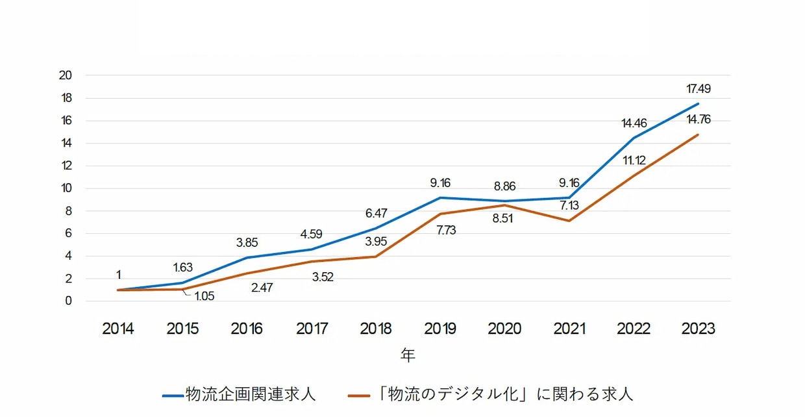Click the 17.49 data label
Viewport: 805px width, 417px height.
pyautogui.click(x=698, y=88)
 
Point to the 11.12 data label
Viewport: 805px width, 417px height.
pyautogui.click(x=634, y=160)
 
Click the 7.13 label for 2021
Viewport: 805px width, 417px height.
pyautogui.click(x=569, y=205)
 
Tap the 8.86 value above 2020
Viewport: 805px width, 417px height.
pyautogui.click(x=504, y=186)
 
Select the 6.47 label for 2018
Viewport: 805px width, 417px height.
pyautogui.click(x=376, y=212)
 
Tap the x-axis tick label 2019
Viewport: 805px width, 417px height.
pyautogui.click(x=440, y=329)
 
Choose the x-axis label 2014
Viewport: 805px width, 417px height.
pyautogui.click(x=118, y=329)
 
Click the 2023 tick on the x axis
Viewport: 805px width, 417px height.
pyautogui.click(x=698, y=329)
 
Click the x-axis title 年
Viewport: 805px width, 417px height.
pyautogui.click(x=408, y=355)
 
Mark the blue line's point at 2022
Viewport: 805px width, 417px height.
pyautogui.click(x=634, y=138)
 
